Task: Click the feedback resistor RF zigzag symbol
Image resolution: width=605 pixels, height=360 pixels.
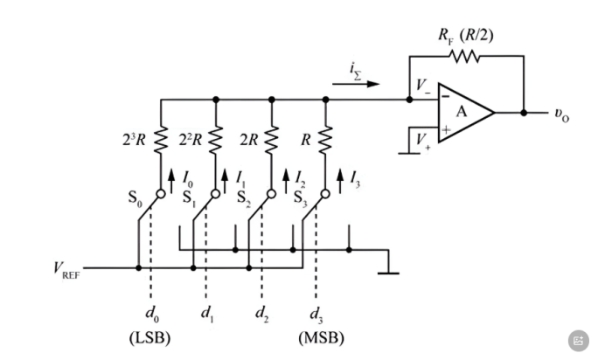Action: pyautogui.click(x=464, y=56)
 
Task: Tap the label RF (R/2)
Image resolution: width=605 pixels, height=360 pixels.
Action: pyautogui.click(x=466, y=36)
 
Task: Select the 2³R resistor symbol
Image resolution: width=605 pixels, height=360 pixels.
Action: pyautogui.click(x=161, y=140)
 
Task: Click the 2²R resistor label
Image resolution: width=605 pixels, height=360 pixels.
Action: pyautogui.click(x=190, y=140)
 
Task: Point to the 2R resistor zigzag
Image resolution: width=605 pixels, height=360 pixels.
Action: pyautogui.click(x=272, y=140)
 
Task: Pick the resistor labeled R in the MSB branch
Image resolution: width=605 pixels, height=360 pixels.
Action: pyautogui.click(x=325, y=140)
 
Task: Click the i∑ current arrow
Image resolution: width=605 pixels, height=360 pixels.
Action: pyautogui.click(x=356, y=84)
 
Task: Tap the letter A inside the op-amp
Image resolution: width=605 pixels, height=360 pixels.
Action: pyautogui.click(x=462, y=112)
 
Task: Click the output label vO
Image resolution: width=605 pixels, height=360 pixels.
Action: pyautogui.click(x=562, y=114)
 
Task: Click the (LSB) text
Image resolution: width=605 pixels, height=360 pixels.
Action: pyautogui.click(x=150, y=338)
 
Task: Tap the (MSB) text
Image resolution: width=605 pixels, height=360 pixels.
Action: pyautogui.click(x=322, y=338)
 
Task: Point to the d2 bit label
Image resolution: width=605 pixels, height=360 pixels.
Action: pyautogui.click(x=261, y=315)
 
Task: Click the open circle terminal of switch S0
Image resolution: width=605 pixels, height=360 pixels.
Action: pyautogui.click(x=161, y=194)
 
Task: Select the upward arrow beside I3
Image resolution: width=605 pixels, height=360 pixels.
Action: pyautogui.click(x=340, y=181)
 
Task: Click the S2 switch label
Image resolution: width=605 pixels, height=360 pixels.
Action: pyautogui.click(x=243, y=198)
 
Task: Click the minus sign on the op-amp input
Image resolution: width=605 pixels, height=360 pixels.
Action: pyautogui.click(x=445, y=96)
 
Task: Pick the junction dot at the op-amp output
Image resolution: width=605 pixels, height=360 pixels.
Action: pyautogui.click(x=524, y=113)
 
